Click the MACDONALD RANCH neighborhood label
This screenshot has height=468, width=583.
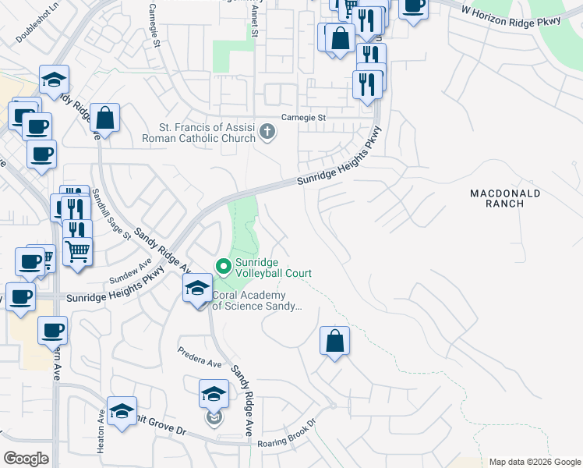(x=506, y=198)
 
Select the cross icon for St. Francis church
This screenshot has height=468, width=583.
(x=267, y=131)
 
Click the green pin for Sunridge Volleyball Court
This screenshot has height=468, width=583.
(x=223, y=267)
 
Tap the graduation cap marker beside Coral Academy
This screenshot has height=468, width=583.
(x=198, y=289)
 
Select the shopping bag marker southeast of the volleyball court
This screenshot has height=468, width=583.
(x=334, y=341)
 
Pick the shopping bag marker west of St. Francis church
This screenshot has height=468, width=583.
(x=105, y=119)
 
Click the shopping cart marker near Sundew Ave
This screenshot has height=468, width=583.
(x=77, y=252)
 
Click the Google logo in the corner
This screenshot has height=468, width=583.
(x=26, y=459)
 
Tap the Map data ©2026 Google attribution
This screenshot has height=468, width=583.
(x=534, y=462)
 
